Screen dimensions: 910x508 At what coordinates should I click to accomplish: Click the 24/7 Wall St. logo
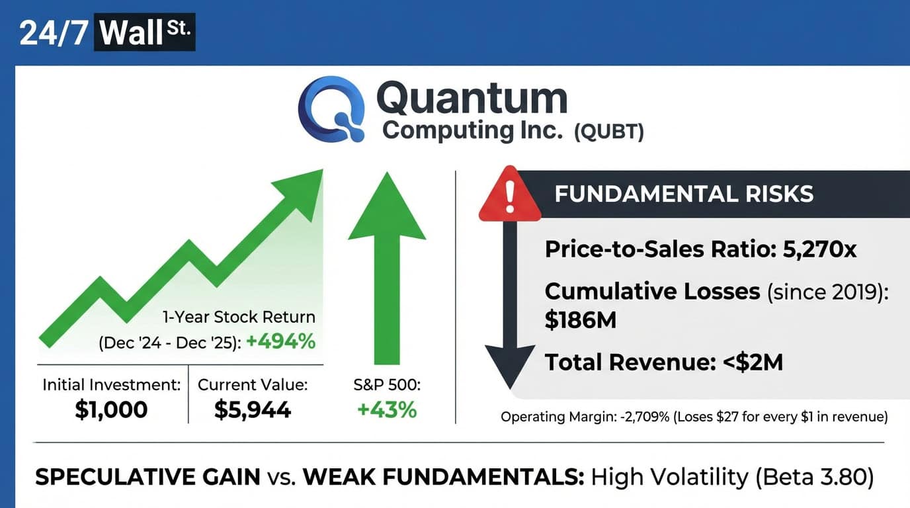click(107, 32)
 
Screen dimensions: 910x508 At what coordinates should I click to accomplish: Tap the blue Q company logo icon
click(331, 109)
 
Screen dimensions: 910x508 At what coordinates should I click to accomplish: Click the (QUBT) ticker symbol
click(609, 132)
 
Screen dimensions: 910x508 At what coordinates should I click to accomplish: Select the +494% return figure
click(280, 341)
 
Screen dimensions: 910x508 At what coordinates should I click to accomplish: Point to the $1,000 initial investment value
click(111, 409)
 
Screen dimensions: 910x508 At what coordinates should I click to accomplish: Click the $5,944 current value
click(253, 409)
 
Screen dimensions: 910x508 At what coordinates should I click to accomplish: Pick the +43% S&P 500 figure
click(387, 409)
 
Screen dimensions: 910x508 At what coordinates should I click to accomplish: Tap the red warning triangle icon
click(510, 194)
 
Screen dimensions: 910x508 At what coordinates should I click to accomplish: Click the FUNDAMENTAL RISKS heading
click(684, 193)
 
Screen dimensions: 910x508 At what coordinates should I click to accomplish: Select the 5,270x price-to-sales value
click(819, 249)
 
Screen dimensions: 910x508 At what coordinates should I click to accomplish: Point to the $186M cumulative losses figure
click(581, 320)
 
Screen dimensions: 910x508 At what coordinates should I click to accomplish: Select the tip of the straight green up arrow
click(387, 172)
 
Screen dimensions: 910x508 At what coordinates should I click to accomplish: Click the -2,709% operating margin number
click(645, 417)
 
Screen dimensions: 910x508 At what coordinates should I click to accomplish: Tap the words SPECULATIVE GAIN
click(148, 477)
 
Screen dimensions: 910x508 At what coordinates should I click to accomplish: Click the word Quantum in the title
click(472, 99)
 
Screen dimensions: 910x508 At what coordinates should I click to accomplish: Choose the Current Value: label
click(253, 385)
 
